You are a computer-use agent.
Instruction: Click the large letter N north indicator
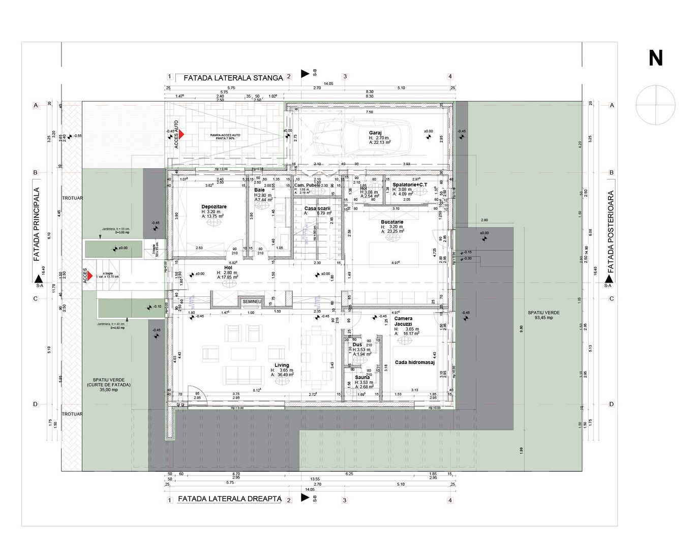655,58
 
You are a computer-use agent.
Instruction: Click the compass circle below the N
656,105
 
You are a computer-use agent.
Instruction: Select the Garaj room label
375,133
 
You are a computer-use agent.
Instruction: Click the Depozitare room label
214,207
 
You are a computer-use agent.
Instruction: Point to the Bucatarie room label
392,222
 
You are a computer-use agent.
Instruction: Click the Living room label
282,365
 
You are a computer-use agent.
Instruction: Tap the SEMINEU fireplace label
252,301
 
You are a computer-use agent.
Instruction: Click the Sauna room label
362,377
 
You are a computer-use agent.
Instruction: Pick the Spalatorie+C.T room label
410,185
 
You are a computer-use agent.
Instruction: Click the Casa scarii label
317,208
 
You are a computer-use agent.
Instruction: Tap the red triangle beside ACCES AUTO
181,135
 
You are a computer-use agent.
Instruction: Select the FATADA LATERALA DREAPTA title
229,499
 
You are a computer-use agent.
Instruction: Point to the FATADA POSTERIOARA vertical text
611,232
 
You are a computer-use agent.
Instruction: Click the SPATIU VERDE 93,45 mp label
540,315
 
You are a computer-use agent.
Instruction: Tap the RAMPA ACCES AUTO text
225,135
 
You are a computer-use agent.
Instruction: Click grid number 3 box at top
345,77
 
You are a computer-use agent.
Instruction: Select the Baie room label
259,190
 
